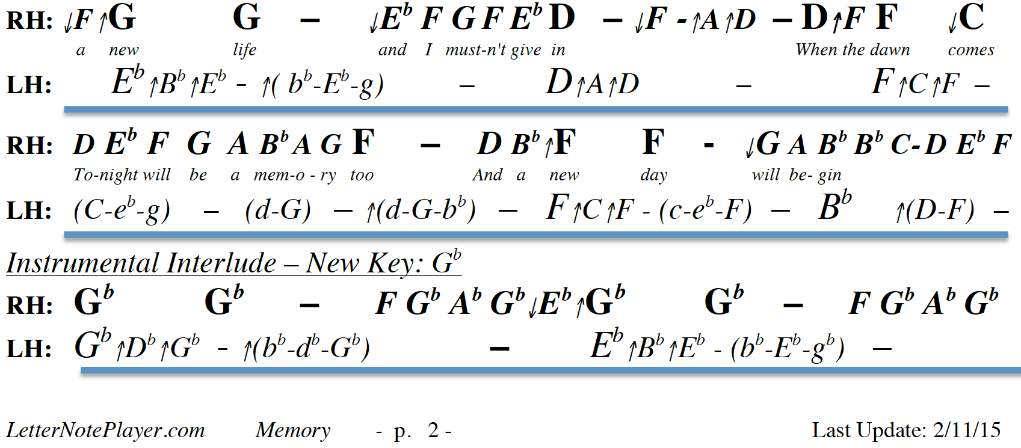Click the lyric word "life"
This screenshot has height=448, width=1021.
(x=244, y=50)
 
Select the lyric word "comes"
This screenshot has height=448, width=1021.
(x=970, y=50)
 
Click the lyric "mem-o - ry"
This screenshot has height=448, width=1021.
(x=295, y=175)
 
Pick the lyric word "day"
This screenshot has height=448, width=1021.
(x=653, y=175)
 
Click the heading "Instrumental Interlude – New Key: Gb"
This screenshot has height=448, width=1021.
(x=233, y=263)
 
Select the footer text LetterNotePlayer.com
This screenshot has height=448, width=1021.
(x=105, y=430)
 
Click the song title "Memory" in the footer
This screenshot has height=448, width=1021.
(x=293, y=430)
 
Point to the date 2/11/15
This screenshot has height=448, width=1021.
(x=967, y=430)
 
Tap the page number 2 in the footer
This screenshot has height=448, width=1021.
(x=433, y=430)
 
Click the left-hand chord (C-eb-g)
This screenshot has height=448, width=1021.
(x=122, y=210)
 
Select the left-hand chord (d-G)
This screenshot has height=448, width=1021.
(x=278, y=210)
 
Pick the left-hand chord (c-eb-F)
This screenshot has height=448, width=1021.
(x=705, y=210)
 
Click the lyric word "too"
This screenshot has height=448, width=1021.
(x=362, y=175)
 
